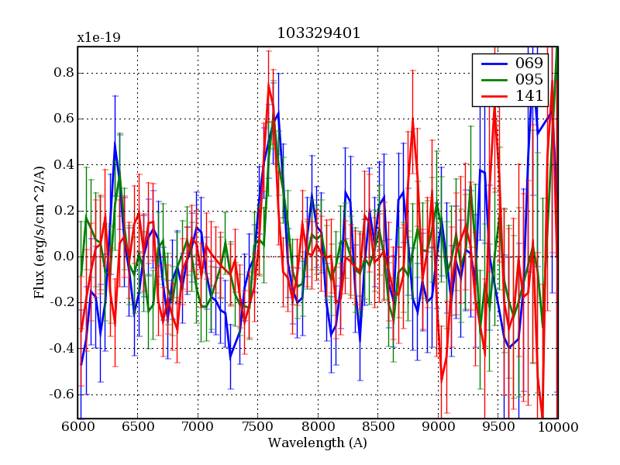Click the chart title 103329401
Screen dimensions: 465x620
(x=319, y=34)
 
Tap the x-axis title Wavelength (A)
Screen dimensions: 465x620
(x=318, y=443)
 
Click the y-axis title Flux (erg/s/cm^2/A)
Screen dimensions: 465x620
(x=39, y=232)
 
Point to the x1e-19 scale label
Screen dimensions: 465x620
(x=98, y=37)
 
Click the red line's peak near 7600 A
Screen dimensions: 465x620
(x=269, y=85)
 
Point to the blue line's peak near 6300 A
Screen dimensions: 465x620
(x=115, y=143)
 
